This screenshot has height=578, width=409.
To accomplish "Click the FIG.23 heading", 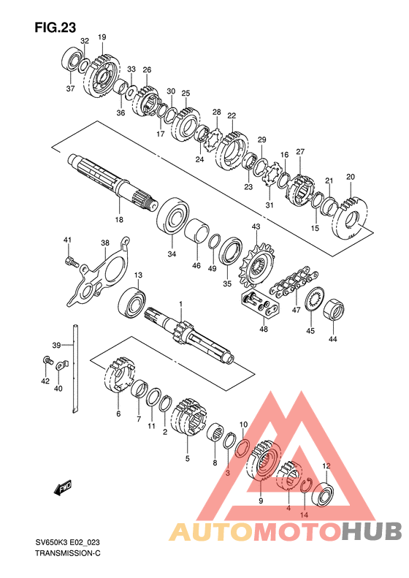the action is (x=56, y=27).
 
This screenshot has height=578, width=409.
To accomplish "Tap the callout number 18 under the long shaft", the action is (x=119, y=220).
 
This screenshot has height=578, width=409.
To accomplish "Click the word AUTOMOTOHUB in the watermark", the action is (x=285, y=531).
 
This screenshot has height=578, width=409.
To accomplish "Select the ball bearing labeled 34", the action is (x=173, y=216).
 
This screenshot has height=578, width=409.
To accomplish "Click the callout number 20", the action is (x=351, y=177).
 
